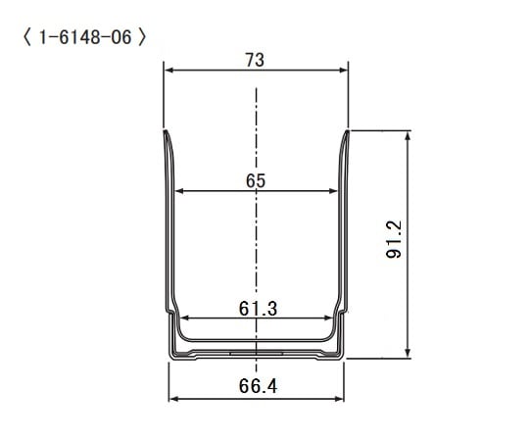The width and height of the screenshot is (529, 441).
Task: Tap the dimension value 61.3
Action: point(257,308)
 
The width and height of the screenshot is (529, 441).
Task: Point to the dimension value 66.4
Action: point(257,387)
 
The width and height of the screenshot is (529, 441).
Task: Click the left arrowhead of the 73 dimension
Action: point(168,71)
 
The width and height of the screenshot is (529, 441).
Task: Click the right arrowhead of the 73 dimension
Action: point(344,71)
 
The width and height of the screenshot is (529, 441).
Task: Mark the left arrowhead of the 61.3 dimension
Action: point(184,318)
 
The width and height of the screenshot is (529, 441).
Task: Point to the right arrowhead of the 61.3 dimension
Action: point(328,318)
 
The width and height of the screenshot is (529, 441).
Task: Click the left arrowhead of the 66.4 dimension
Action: point(174,399)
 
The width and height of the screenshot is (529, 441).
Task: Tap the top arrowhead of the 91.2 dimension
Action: point(408,135)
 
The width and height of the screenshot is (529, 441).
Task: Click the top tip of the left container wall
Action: point(166,131)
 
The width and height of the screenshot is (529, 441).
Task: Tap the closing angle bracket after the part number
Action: point(144,38)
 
